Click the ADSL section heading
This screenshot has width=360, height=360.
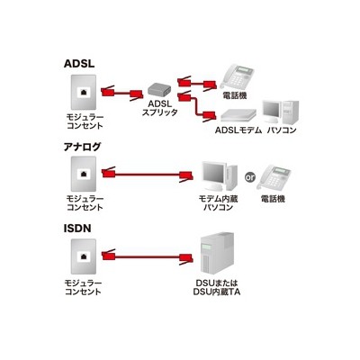point(79,64)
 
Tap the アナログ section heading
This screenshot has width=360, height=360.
point(83,147)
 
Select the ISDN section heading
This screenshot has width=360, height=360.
point(77,229)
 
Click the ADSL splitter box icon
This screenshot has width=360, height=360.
point(159,89)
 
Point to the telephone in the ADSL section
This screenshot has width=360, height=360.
point(236,76)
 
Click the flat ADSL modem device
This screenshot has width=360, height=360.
point(238,115)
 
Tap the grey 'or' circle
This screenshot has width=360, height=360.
point(249,177)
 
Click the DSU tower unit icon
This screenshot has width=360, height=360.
point(216,253)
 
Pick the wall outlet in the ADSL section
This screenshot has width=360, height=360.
point(84,93)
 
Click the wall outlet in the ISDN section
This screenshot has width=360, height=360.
point(84,256)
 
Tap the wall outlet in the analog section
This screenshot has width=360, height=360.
point(84,174)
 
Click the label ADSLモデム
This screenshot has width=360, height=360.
point(238,130)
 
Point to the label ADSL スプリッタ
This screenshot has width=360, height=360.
point(159,108)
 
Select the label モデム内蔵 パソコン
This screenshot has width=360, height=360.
point(218,202)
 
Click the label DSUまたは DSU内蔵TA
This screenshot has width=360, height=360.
point(216,287)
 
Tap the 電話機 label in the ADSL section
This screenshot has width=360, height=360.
point(235,96)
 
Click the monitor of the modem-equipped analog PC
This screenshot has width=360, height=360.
point(213,175)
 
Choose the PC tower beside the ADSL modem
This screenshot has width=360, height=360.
point(291,112)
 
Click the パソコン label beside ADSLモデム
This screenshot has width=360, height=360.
point(282,130)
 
